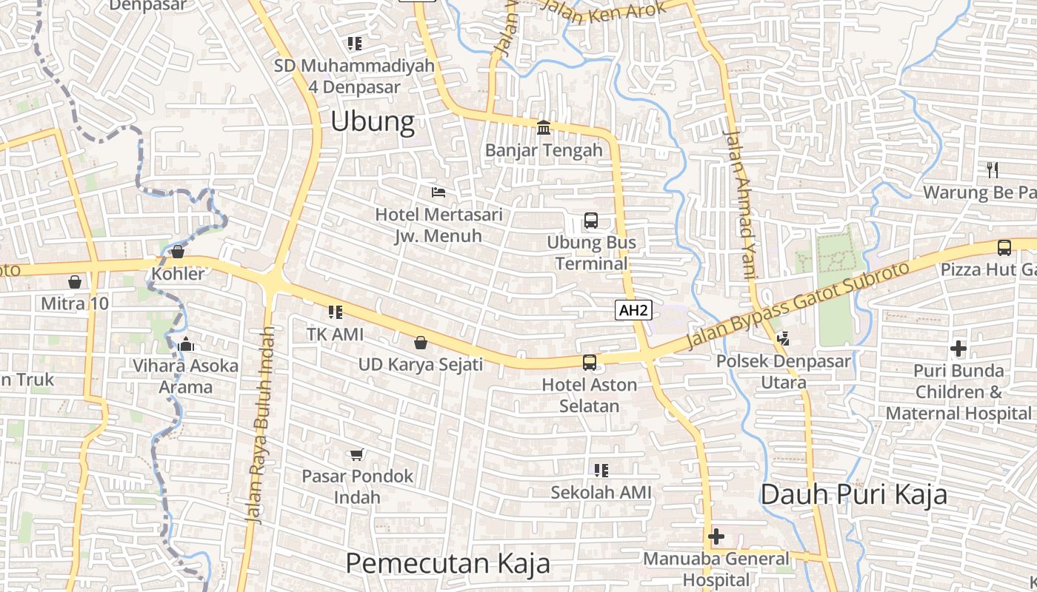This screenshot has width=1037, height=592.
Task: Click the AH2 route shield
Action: [x=633, y=310]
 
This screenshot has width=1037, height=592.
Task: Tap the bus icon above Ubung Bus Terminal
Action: [x=591, y=221]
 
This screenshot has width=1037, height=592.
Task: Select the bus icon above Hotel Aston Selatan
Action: [x=590, y=363]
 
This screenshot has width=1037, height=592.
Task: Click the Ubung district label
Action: [x=372, y=121]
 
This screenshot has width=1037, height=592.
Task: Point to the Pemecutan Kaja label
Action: [x=447, y=563]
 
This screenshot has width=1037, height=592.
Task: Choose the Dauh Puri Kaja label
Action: [x=853, y=494]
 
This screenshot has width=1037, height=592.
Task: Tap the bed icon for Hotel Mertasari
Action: [x=439, y=192]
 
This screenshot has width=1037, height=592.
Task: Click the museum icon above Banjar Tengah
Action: [x=544, y=128]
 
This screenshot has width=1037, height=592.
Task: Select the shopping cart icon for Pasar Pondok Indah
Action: [x=357, y=454]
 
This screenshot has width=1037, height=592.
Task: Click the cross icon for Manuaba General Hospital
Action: [x=716, y=536]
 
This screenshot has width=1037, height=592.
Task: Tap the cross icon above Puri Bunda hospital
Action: [x=958, y=348]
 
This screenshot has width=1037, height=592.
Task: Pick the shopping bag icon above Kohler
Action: [x=178, y=252]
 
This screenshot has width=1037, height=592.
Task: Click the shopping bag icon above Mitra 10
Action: [x=74, y=282]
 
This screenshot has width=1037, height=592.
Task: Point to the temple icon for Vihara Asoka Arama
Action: [x=185, y=344]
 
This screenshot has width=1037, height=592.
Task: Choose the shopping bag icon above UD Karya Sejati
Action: [x=420, y=343]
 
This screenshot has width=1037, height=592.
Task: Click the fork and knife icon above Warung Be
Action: [x=993, y=170]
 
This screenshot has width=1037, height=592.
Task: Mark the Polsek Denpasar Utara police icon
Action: [x=783, y=339]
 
